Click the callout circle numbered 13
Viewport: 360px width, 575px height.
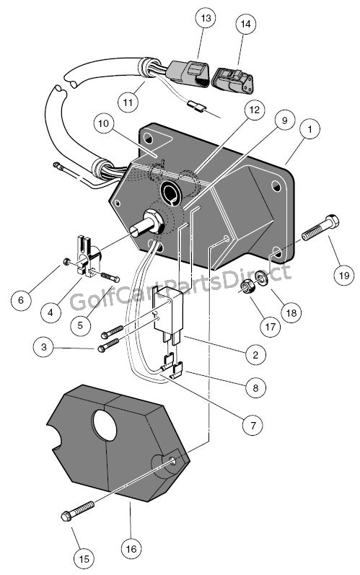pos(206,17)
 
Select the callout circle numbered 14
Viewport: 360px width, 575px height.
pos(245,24)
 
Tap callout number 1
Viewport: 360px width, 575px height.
pos(309,129)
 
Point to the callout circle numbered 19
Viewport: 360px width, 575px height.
pos(344,275)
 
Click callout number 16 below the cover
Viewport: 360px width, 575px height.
pos(131,548)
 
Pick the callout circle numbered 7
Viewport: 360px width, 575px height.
pos(253,425)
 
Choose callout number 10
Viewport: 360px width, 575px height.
pos(104,123)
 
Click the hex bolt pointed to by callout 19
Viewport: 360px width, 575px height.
pos(320,227)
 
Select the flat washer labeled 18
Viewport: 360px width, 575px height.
pos(262,278)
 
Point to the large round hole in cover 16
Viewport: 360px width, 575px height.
pos(105,426)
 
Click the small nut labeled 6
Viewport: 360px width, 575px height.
pos(66,262)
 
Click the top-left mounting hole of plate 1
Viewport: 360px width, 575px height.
pos(148,139)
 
